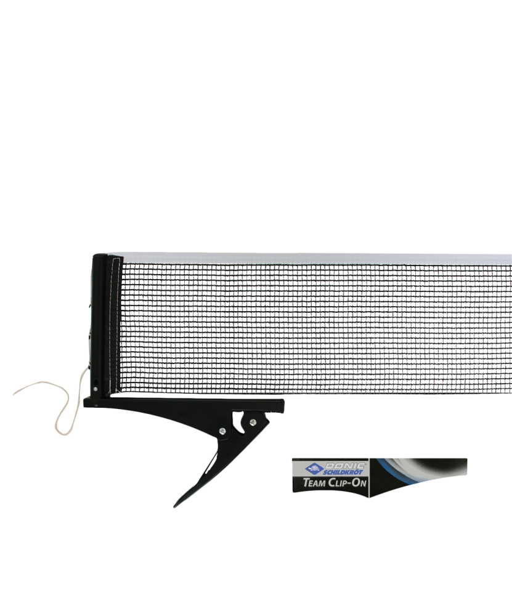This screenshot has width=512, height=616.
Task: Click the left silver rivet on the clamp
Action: (221, 432)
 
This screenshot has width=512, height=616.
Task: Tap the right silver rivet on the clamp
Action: (253, 423)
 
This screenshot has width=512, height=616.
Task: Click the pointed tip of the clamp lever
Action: (176, 505)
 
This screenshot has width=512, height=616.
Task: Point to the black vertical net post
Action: (99, 320)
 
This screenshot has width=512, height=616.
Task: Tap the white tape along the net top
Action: (308, 259)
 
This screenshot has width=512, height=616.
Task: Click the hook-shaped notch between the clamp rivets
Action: (237, 425)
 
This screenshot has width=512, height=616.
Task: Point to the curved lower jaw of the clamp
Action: (203, 474)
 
